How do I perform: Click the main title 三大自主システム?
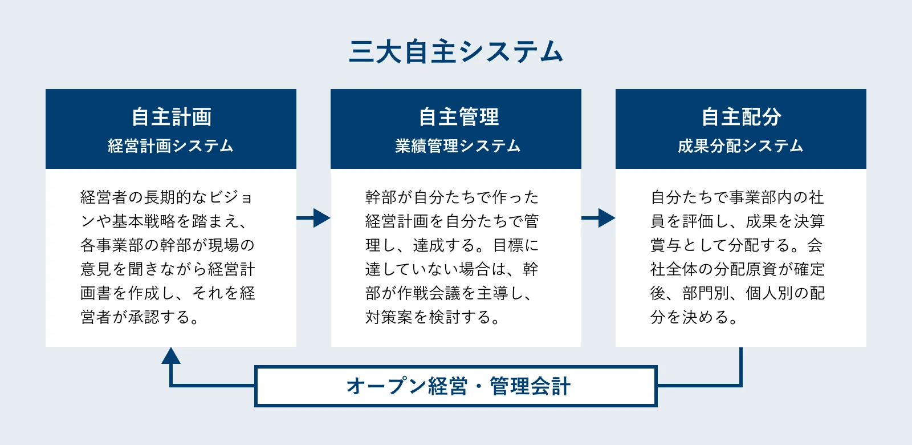tap(456, 52)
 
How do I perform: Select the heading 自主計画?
tap(171, 117)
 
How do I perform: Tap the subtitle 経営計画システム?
tap(171, 146)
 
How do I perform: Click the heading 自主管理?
tap(458, 117)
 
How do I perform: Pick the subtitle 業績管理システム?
tap(458, 146)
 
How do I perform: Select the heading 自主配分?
tap(741, 117)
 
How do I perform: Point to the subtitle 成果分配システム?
tap(740, 146)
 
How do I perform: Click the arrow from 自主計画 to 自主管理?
tap(314, 217)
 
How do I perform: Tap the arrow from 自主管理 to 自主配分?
tap(599, 217)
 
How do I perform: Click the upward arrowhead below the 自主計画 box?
tap(171, 356)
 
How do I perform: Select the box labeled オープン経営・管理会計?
tap(456, 386)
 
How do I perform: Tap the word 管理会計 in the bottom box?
tap(530, 386)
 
